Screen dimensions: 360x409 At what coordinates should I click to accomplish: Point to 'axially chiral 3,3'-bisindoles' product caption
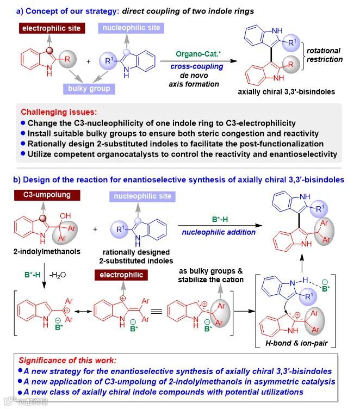(276, 92)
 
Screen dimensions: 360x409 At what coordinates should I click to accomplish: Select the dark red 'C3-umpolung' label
(47, 195)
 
